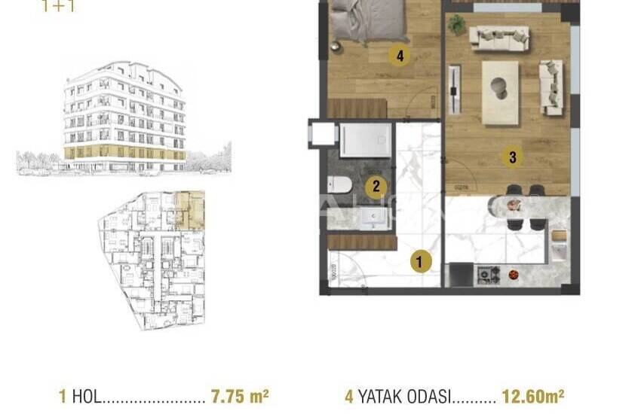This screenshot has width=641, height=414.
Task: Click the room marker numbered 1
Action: pyautogui.click(x=420, y=262)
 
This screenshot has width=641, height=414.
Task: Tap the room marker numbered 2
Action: pyautogui.click(x=376, y=187)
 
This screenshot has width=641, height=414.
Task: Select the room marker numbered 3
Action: pyautogui.click(x=512, y=157)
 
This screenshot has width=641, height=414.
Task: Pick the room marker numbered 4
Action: pyautogui.click(x=399, y=55)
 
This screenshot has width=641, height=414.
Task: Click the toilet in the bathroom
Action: pyautogui.click(x=339, y=184)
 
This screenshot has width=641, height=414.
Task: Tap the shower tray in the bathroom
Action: pyautogui.click(x=365, y=140)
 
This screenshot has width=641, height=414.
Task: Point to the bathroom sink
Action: pyautogui.click(x=373, y=218)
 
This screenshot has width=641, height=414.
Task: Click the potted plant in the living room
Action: pyautogui.click(x=456, y=25)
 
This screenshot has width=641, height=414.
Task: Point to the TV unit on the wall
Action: pyautogui.click(x=453, y=90)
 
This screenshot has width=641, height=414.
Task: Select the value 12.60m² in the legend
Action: pyautogui.click(x=535, y=395)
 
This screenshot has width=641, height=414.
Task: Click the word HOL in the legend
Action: pyautogui.click(x=85, y=395)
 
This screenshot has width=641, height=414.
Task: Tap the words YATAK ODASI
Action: pyautogui.click(x=404, y=395)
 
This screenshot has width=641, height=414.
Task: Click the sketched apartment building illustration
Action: pyautogui.click(x=124, y=117)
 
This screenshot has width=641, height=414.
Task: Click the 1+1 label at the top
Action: pyautogui.click(x=59, y=8)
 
